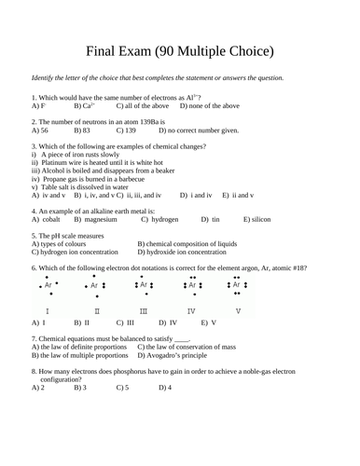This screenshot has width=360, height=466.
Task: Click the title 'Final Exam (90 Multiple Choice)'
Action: click(180, 49)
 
